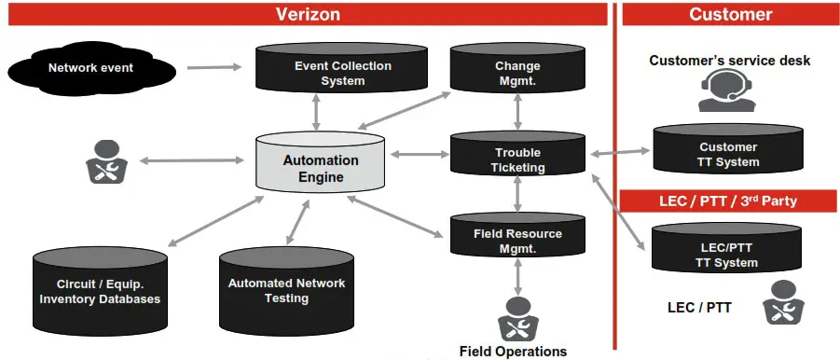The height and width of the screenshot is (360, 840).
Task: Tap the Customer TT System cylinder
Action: click(x=728, y=152)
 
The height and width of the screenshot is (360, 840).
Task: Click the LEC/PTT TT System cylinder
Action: click(x=728, y=254)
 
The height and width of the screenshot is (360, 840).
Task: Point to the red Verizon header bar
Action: click(x=307, y=14)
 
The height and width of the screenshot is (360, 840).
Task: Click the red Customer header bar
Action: click(x=730, y=14)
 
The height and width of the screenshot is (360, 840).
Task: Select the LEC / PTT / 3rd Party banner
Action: click(x=730, y=201)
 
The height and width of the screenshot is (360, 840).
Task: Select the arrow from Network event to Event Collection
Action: click(x=213, y=67)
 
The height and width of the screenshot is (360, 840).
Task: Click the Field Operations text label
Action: click(x=513, y=352)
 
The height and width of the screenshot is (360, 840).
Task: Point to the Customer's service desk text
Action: click(x=730, y=62)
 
